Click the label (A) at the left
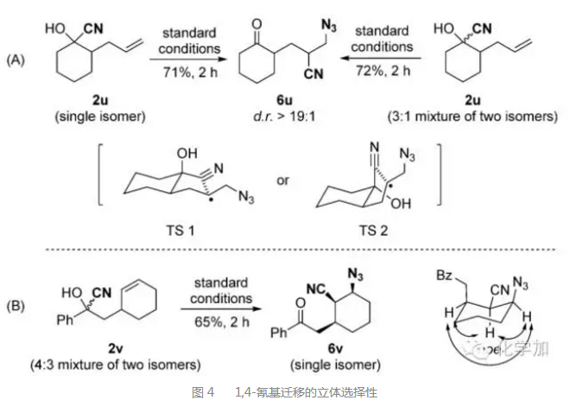(16, 60)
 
